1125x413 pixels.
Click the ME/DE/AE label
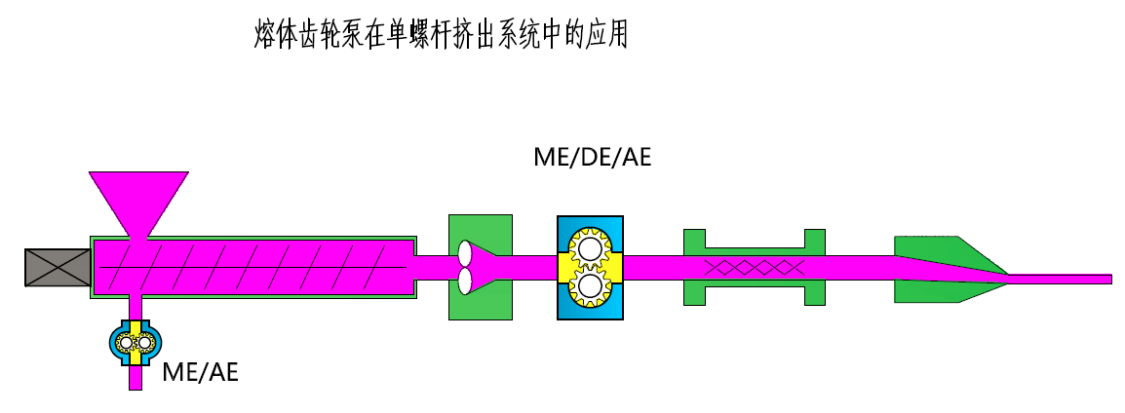click(592, 157)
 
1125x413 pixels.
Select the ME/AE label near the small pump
click(200, 370)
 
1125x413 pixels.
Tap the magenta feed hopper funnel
click(138, 200)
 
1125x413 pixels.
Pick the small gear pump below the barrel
click(135, 343)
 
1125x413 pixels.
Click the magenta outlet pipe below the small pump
click(135, 378)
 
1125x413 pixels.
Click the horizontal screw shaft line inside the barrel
click(263, 267)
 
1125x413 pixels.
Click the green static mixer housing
click(755, 292)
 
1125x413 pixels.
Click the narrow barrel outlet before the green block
click(429, 267)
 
